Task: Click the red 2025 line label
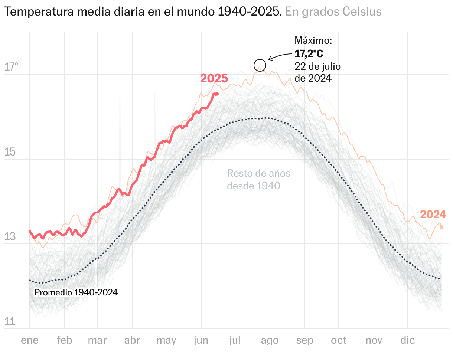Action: pos(214,79)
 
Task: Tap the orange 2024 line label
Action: pos(433,215)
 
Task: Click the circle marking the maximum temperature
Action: pos(260,65)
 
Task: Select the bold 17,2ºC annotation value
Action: pos(309,54)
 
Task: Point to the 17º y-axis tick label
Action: pos(11,67)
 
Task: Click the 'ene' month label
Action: pos(30,340)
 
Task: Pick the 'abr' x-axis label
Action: pos(132,340)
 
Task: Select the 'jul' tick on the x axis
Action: pos(235,340)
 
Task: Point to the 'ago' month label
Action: pos(270,340)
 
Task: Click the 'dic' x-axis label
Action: pos(407,340)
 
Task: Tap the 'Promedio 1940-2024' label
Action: pos(76,292)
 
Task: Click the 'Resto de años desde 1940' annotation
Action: pos(258,179)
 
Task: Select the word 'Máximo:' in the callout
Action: pos(313,40)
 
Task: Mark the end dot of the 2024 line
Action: pos(441,227)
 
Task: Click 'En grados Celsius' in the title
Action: pos(333,12)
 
